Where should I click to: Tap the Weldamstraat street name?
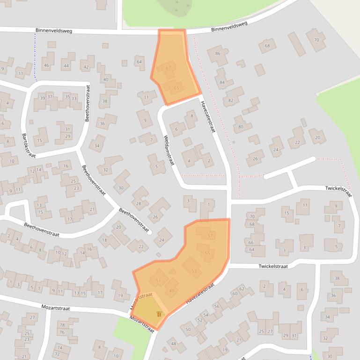(x=169, y=151)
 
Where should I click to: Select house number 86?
(x=218, y=54)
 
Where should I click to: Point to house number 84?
(x=222, y=83)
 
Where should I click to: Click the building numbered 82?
(x=231, y=101)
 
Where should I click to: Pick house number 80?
(x=241, y=127)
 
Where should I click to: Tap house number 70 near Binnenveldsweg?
(x=316, y=40)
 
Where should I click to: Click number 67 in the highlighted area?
(x=169, y=69)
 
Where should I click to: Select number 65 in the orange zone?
(x=176, y=88)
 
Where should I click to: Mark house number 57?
(x=210, y=236)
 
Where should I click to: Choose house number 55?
(x=207, y=253)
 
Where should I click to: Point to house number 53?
(x=194, y=271)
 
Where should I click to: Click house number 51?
(x=158, y=281)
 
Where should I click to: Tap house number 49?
(x=172, y=291)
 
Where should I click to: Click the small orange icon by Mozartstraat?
(x=159, y=314)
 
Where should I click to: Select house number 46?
(x=46, y=66)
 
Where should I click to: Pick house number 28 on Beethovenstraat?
(x=139, y=203)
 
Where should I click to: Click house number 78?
(x=62, y=325)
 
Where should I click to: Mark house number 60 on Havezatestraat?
(x=235, y=293)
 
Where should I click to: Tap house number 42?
(x=86, y=67)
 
